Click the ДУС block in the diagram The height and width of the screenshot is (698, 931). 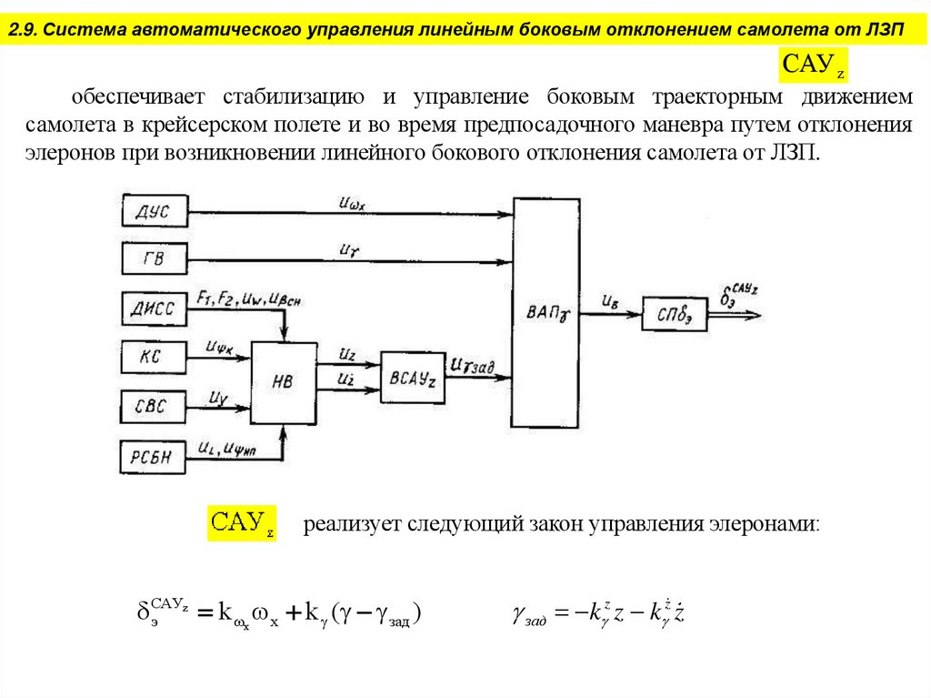click(x=154, y=214)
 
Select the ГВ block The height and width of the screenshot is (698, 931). click(x=154, y=259)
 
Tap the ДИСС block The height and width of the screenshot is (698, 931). click(x=154, y=309)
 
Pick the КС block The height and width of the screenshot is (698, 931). click(x=154, y=356)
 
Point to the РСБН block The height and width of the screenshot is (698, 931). click(x=154, y=454)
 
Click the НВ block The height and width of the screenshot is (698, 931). click(x=284, y=382)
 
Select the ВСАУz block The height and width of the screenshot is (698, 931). click(x=413, y=378)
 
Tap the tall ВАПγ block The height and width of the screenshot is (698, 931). click(x=546, y=314)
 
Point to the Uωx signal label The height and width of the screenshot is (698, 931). click(x=351, y=204)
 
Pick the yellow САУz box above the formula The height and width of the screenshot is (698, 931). click(x=242, y=523)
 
